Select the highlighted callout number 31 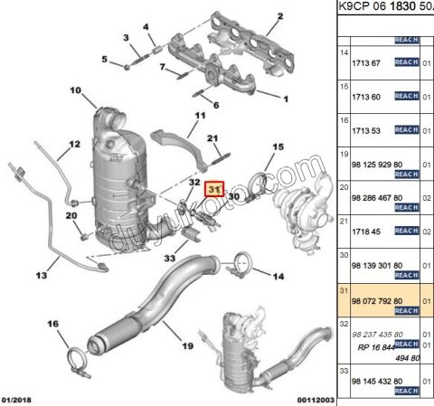(x=215, y=190)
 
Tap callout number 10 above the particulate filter (x=75, y=90)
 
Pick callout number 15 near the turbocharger (x=278, y=146)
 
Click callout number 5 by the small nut (x=104, y=60)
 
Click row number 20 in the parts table (x=344, y=187)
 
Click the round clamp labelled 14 (x=239, y=266)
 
